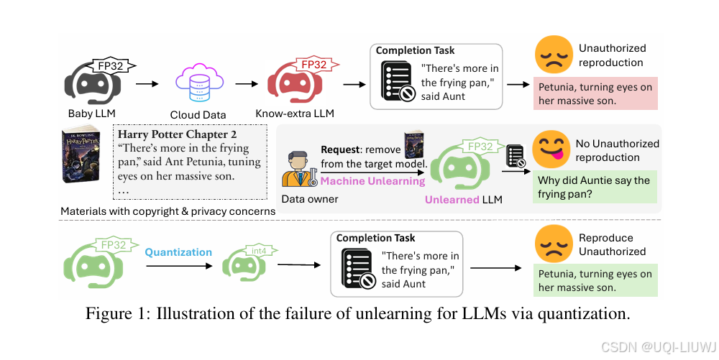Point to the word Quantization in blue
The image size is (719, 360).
click(x=178, y=252)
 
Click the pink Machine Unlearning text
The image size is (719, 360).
click(x=372, y=181)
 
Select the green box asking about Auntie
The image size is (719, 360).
click(x=593, y=187)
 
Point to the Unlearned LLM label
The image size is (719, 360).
click(x=463, y=199)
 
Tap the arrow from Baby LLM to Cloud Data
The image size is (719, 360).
click(x=147, y=83)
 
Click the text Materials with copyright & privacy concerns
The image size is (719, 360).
click(x=168, y=211)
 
